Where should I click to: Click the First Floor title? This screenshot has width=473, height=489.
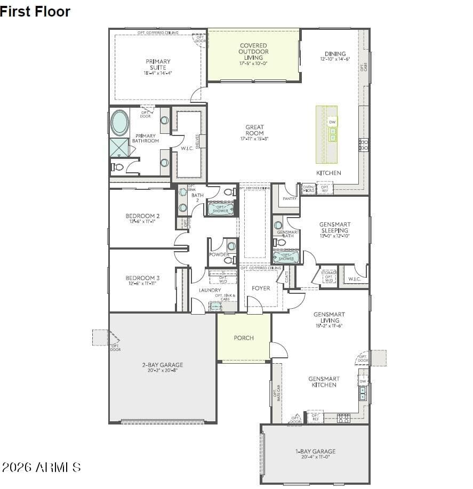[x=35, y=11]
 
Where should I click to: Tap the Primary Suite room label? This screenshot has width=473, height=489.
[x=158, y=65]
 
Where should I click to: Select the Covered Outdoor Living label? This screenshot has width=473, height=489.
[x=253, y=52]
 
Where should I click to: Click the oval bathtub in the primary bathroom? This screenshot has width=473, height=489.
[x=119, y=123]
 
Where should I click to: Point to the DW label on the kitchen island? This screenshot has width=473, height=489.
[x=332, y=122]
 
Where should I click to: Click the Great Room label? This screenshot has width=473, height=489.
[x=254, y=130]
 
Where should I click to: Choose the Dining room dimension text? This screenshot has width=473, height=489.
[x=335, y=59]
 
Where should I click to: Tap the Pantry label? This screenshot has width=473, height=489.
[x=290, y=198]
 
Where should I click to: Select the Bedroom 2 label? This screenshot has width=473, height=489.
[x=142, y=216]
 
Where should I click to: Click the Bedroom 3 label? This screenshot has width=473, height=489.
[x=142, y=278]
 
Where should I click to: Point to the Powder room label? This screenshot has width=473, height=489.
[x=219, y=255]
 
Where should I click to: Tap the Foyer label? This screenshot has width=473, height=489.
[x=261, y=288]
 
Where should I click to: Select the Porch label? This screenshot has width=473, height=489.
[x=244, y=338]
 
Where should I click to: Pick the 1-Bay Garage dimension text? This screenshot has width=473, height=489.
[x=316, y=457]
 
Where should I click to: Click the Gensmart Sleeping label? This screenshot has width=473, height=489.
[x=334, y=227]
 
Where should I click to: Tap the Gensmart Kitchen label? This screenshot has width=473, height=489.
[x=324, y=382]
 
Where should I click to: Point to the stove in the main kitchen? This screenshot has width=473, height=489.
[x=364, y=145]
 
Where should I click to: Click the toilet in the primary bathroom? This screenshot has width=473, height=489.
[x=118, y=167]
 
